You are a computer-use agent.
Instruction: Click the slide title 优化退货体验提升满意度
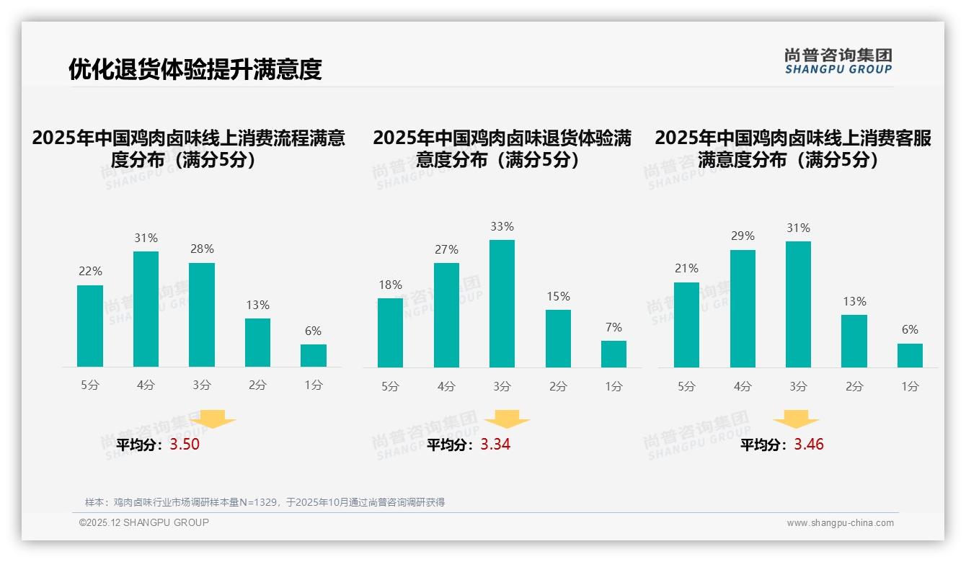(195, 69)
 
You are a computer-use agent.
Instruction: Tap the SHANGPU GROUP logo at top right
(838, 61)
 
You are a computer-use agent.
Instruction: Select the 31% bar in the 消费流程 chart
(146, 309)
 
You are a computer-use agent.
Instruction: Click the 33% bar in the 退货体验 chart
(502, 303)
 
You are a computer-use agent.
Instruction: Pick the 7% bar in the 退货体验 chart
(613, 354)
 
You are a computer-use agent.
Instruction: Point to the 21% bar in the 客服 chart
(686, 325)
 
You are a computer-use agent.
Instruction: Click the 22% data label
(90, 272)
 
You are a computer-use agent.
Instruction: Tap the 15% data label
(558, 296)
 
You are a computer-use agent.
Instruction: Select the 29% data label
(743, 236)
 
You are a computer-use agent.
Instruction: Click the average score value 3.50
(185, 445)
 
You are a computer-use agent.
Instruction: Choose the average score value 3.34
(495, 445)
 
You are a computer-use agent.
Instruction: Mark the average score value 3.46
(809, 445)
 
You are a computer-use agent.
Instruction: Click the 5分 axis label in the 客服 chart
(686, 387)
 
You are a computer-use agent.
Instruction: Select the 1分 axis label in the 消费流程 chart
(314, 385)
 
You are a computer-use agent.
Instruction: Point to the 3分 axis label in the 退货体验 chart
(502, 387)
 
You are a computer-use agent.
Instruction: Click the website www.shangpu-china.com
(840, 523)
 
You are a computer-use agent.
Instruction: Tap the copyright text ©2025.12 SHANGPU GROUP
(144, 522)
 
